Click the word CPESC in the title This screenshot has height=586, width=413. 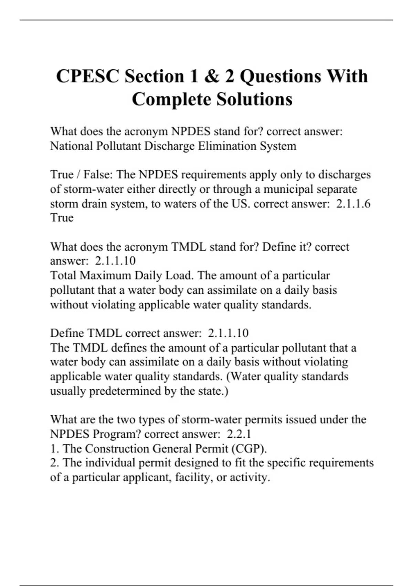pos(87,76)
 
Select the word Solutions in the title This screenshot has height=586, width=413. pos(254,99)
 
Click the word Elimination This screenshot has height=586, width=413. pos(227,146)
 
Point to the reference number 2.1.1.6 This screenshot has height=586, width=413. pos(353,203)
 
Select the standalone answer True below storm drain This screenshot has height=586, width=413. pos(62,218)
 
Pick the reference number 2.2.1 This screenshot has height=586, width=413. pos(239,434)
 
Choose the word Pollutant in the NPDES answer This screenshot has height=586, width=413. pos(118,146)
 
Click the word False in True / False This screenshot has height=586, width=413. pos(98,174)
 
